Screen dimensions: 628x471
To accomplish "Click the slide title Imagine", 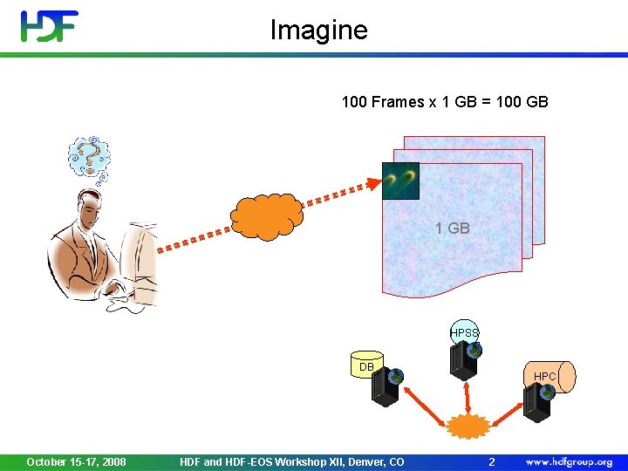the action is tap(318, 31).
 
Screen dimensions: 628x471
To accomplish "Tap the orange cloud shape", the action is tap(267, 213).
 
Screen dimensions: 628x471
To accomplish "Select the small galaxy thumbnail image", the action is tap(400, 181).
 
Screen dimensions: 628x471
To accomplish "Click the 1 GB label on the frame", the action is tap(453, 229).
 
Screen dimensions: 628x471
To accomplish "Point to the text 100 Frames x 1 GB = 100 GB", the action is tap(445, 102).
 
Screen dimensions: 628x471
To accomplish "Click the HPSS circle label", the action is tap(464, 332).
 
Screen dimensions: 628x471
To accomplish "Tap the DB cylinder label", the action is tap(366, 367).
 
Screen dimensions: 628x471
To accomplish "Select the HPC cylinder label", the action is tap(545, 376).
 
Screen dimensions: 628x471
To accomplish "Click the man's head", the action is tap(92, 210).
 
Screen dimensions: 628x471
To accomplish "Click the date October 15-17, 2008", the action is tap(76, 461).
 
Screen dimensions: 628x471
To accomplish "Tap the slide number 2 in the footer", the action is tap(491, 461).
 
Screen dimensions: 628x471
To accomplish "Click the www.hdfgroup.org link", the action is tap(569, 461).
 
